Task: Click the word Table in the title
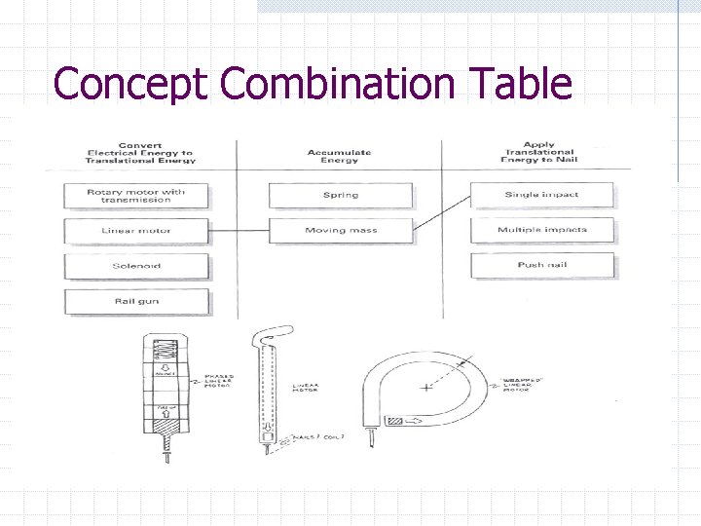click(x=520, y=84)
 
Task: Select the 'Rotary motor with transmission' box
click(x=136, y=195)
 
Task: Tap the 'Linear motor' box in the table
click(x=136, y=231)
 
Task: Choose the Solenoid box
click(x=136, y=266)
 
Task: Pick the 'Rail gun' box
click(x=136, y=301)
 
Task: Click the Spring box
click(x=340, y=195)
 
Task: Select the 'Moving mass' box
click(x=340, y=231)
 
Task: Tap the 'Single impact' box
click(x=541, y=195)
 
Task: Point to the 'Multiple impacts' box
click(x=541, y=231)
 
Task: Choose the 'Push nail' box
click(x=541, y=265)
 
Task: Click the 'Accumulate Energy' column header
click(x=339, y=156)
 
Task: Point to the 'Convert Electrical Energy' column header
click(x=140, y=153)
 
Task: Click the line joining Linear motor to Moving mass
click(x=239, y=231)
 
